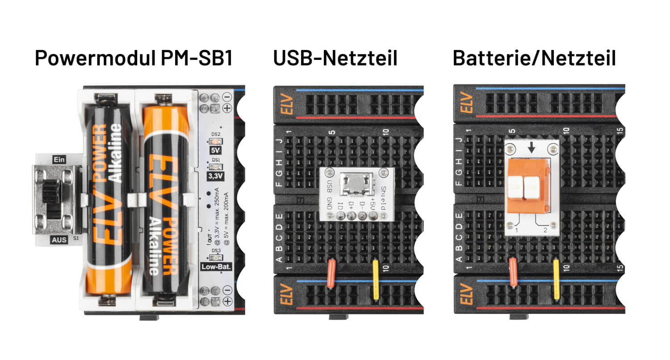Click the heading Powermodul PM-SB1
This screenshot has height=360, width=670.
(134, 59)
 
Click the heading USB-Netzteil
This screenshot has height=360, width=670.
(335, 59)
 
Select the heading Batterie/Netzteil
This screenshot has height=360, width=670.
(534, 59)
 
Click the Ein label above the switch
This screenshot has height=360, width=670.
(59, 159)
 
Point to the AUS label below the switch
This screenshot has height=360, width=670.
(59, 240)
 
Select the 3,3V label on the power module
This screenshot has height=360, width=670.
(215, 176)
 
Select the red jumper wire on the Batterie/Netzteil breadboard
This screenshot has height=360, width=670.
(513, 272)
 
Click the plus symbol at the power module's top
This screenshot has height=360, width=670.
(227, 108)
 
